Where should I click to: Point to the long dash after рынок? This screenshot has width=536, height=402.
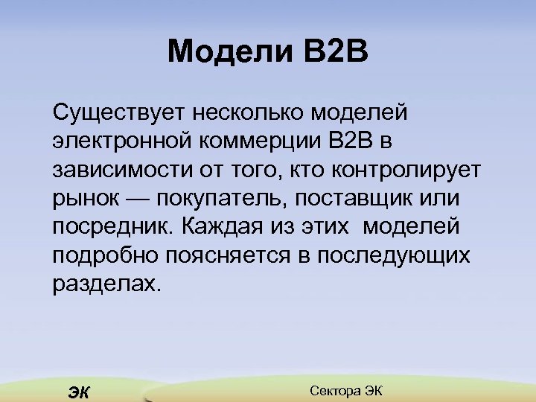pyautogui.click(x=136, y=198)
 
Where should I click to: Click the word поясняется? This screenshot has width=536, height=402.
pyautogui.click(x=235, y=255)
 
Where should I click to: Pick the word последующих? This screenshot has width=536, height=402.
pyautogui.click(x=394, y=255)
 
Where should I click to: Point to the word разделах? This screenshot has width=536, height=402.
pyautogui.click(x=106, y=283)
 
